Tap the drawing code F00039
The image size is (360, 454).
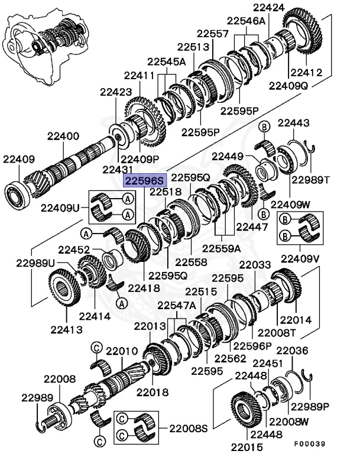coord(326,442)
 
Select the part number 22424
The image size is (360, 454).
coord(268,8)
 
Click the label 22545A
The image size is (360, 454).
coord(167,61)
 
